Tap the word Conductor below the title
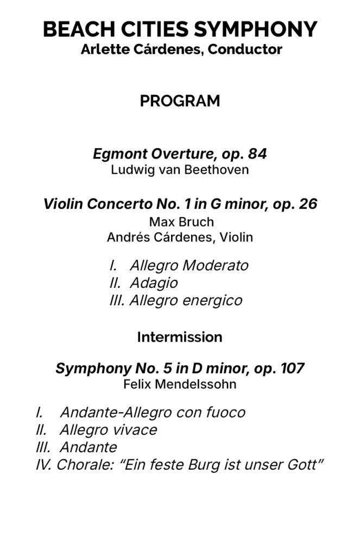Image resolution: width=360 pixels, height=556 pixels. click(245, 49)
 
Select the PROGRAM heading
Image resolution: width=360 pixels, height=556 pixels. click(180, 101)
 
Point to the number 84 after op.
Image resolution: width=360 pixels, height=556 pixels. click(258, 154)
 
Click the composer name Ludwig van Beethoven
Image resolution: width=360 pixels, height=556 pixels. click(180, 170)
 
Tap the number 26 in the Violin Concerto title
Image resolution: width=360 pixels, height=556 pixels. click(308, 204)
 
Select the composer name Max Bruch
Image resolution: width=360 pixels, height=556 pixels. click(181, 222)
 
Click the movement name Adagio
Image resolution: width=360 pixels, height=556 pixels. click(153, 283)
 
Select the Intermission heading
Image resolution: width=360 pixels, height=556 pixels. click(180, 337)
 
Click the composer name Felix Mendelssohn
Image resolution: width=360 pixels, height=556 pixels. click(180, 384)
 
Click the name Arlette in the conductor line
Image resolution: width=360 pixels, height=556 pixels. click(102, 49)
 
